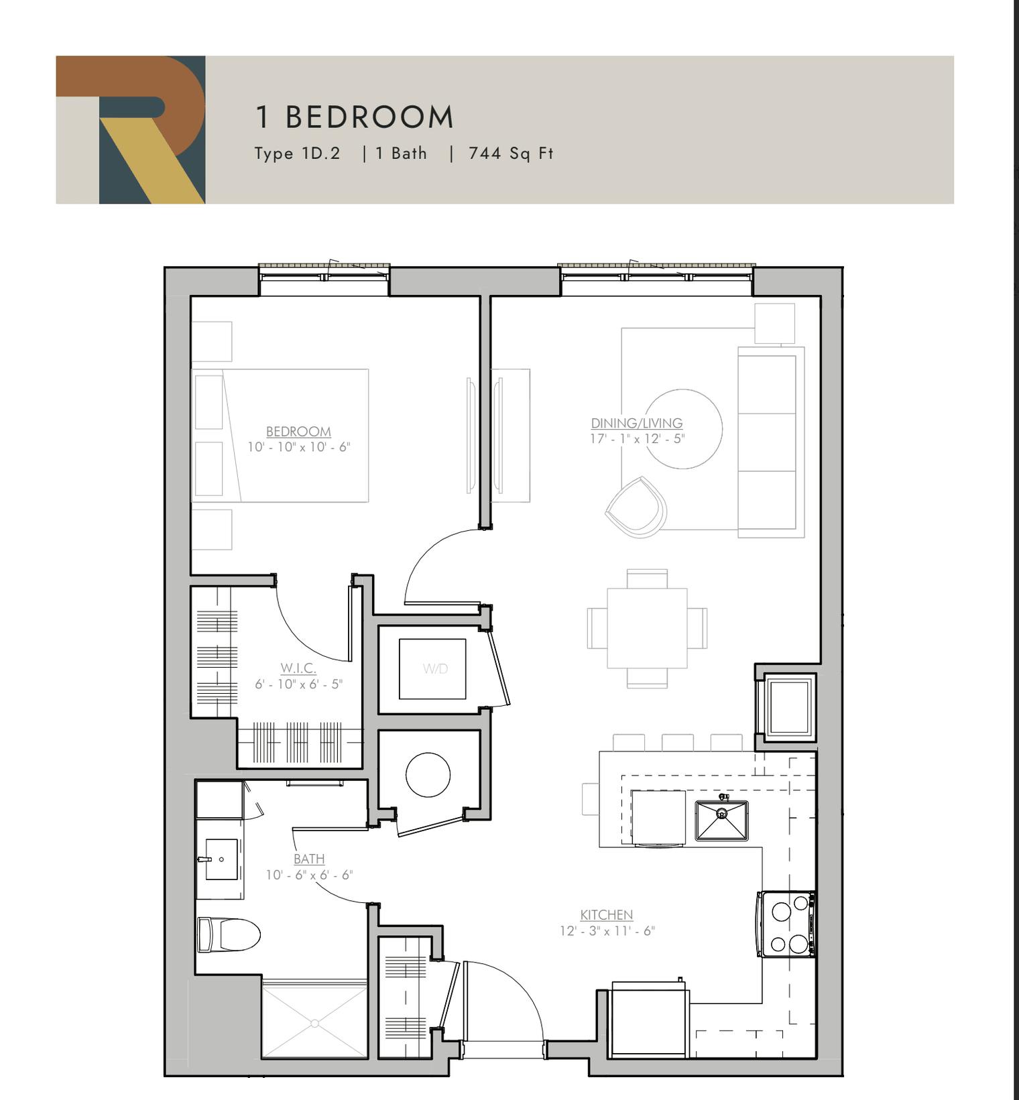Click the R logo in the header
[130, 129]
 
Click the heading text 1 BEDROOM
[355, 117]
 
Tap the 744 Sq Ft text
[511, 154]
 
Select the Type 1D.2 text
[298, 154]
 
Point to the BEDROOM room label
[298, 432]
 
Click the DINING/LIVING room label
[637, 423]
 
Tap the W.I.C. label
[298, 668]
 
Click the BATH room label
[309, 859]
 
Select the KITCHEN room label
[607, 915]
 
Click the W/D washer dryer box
[432, 668]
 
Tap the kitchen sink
[721, 820]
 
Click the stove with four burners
[787, 924]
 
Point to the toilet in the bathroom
[229, 934]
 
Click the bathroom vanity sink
[221, 859]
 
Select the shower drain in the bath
[314, 1024]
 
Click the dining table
[647, 628]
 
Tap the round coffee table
[682, 429]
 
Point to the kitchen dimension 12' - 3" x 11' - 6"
[607, 931]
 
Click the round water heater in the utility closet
[428, 775]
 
